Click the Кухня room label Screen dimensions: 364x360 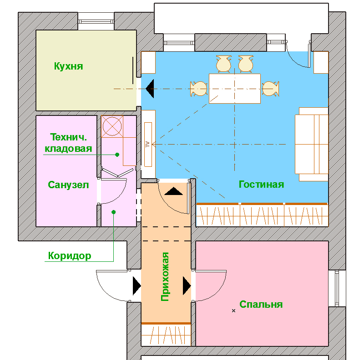tap(69, 66)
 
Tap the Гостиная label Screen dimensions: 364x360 tap(261, 185)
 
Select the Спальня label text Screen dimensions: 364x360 tap(261, 305)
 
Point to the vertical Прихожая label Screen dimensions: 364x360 tap(165, 276)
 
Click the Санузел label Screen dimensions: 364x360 tap(68, 185)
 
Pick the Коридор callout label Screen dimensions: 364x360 tap(70, 256)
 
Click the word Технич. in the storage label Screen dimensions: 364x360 tap(69, 137)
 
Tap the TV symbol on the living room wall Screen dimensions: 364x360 tap(148, 144)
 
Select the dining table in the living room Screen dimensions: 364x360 tap(235, 89)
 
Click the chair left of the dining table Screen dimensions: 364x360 tap(198, 89)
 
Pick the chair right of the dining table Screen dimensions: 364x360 tap(271, 89)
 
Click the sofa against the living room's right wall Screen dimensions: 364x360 tap(312, 144)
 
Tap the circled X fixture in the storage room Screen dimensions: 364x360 tap(112, 126)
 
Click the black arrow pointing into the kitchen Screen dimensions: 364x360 tap(150, 89)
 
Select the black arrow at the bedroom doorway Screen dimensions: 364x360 tap(187, 286)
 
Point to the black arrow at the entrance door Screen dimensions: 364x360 tap(137, 286)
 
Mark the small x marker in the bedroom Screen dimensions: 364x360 tap(233, 310)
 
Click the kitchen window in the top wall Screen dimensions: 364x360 tap(96, 21)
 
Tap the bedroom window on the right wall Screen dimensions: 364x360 tap(337, 288)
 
